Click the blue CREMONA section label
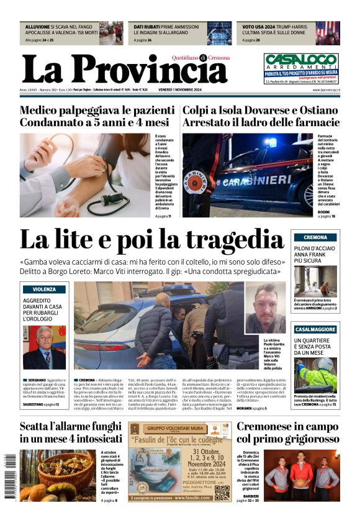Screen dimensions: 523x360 (315, 237)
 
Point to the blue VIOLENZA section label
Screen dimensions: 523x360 (44, 289)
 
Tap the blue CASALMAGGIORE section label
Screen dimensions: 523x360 (315, 329)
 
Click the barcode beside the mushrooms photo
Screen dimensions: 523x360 (9, 477)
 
